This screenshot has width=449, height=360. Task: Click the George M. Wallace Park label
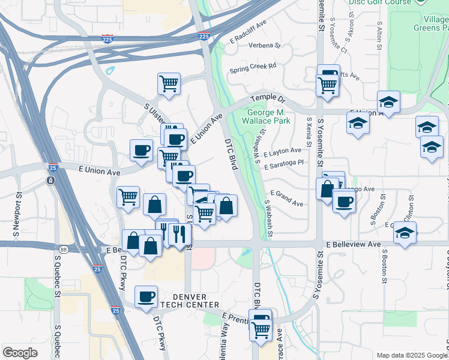[x=266, y=116]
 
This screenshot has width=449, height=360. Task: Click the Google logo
[x=20, y=353]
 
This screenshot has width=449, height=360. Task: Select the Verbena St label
[x=264, y=45]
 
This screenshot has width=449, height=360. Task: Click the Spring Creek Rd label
[x=253, y=66]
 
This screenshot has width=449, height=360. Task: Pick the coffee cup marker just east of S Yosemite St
[x=344, y=200]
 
